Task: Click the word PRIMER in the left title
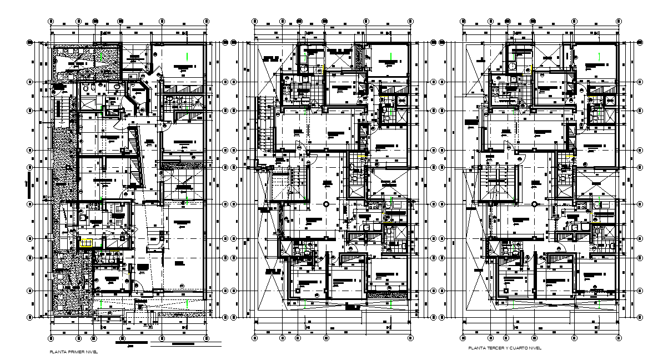tap(72, 352)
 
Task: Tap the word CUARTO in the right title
tap(514, 348)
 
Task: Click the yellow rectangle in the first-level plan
tap(86, 242)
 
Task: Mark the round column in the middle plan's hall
tap(326, 204)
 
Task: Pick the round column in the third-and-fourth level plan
tap(534, 204)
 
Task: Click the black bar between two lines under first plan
tap(132, 342)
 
